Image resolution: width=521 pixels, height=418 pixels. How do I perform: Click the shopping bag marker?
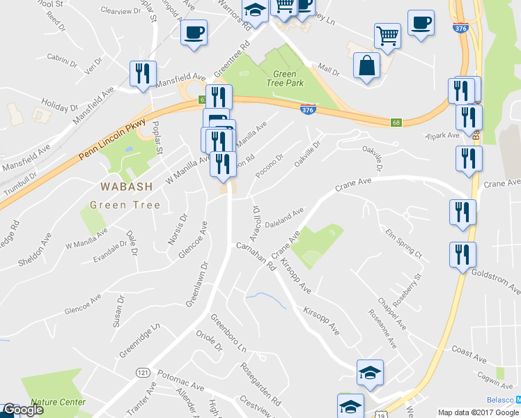(x=366, y=65)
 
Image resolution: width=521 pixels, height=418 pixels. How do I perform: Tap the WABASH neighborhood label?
(x=125, y=187)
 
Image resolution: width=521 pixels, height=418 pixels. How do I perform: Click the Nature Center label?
(x=59, y=402)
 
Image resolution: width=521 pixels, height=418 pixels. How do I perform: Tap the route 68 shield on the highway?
(x=396, y=123)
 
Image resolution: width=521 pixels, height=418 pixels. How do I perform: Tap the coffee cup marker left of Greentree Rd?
(x=194, y=32)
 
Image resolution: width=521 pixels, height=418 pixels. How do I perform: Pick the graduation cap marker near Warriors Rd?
(x=254, y=10)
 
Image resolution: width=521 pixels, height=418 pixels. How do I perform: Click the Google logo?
(x=22, y=410)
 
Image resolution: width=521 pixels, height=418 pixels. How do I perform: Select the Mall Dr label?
(x=328, y=71)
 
